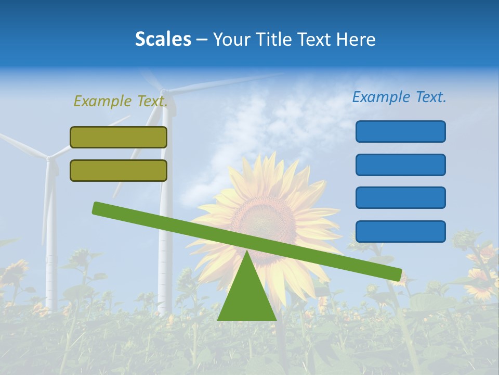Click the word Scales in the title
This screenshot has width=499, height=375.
(163, 40)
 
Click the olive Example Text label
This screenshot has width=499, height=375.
(121, 101)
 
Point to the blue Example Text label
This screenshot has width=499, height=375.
(399, 97)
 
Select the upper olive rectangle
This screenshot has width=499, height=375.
(119, 137)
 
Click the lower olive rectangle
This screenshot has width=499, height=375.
(119, 170)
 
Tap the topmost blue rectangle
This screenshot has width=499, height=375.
(400, 131)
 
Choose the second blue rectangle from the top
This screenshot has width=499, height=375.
(400, 165)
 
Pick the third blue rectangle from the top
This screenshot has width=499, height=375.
(400, 197)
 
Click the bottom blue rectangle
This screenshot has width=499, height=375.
(400, 231)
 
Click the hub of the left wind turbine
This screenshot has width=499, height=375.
(49, 157)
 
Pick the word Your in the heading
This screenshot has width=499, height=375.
(229, 40)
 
